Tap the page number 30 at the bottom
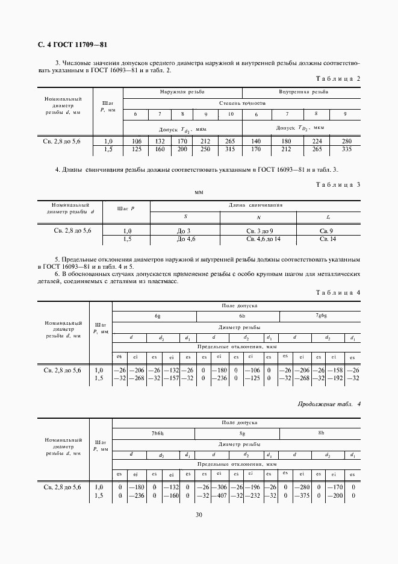point(199,514)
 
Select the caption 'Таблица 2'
point(338,79)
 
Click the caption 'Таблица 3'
point(338,184)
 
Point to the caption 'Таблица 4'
point(338,292)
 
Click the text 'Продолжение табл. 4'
point(329,403)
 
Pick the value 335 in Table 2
point(345,149)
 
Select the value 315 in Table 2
point(229,149)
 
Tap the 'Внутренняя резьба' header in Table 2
point(303,92)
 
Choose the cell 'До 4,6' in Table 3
point(184,239)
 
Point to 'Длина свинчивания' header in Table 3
point(255,205)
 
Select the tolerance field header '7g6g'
point(322,315)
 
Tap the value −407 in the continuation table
point(222,495)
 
